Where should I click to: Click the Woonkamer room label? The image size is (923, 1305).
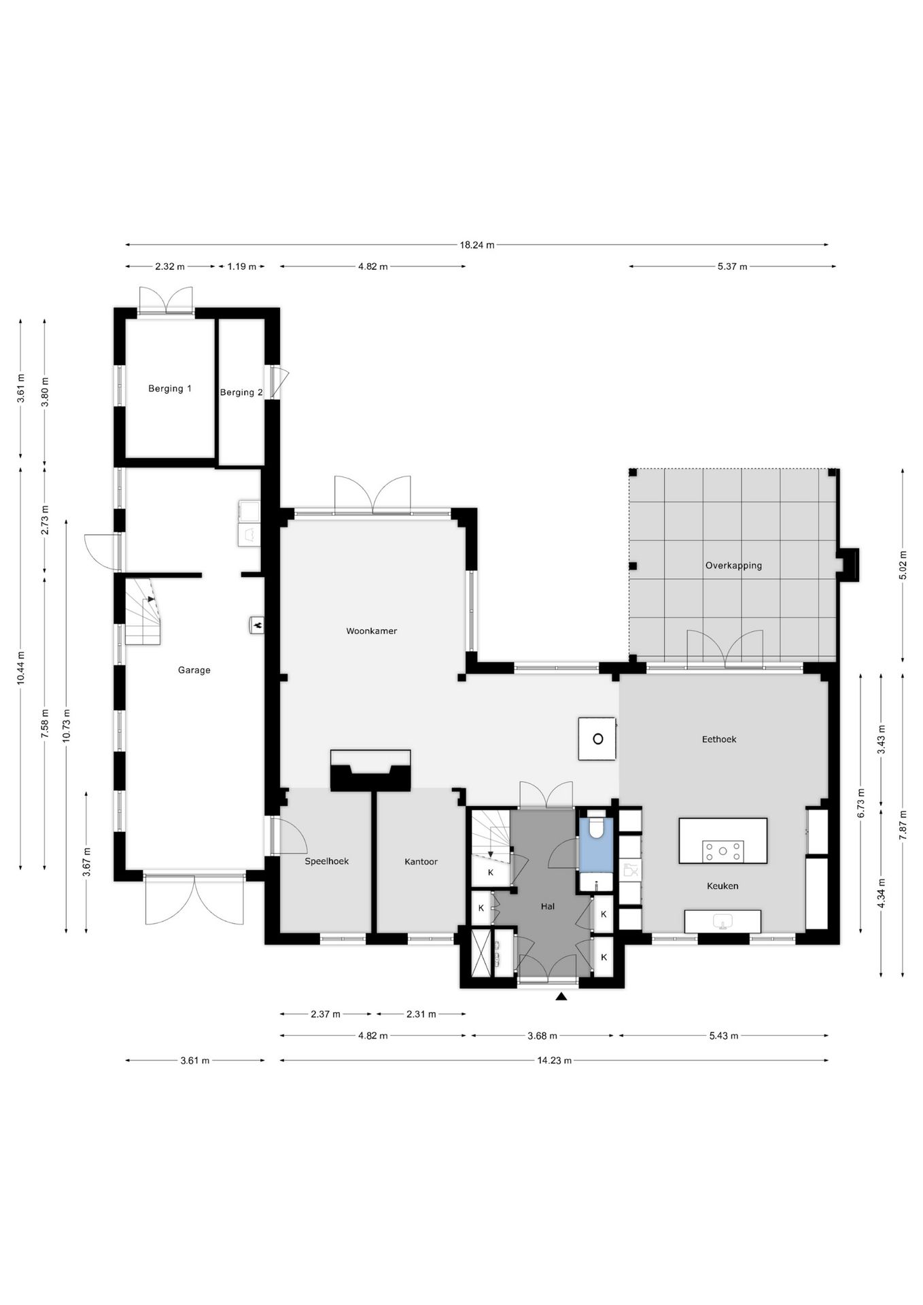click(371, 631)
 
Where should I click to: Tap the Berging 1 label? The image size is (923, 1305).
click(170, 389)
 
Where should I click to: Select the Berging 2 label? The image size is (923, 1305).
click(241, 392)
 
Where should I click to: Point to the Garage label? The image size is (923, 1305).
click(194, 670)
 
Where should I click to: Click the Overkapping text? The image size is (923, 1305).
click(733, 565)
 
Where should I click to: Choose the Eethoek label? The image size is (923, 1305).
click(719, 739)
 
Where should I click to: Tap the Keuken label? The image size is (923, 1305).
click(722, 886)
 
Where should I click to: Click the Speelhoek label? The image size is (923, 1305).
click(327, 861)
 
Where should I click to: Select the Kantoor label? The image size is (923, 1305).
click(421, 861)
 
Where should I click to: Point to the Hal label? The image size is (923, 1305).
click(548, 906)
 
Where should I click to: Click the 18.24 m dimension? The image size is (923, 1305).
click(476, 245)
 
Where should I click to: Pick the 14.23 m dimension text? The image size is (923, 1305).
click(554, 1060)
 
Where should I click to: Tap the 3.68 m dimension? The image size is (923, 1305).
click(542, 1036)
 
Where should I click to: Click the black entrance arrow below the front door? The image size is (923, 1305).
click(561, 996)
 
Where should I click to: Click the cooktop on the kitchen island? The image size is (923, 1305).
click(722, 851)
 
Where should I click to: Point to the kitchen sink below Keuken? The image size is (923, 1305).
click(722, 922)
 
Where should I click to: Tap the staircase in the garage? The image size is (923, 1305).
click(143, 612)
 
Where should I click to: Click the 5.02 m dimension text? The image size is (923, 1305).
click(903, 565)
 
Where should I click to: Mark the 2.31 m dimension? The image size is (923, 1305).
click(421, 1014)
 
